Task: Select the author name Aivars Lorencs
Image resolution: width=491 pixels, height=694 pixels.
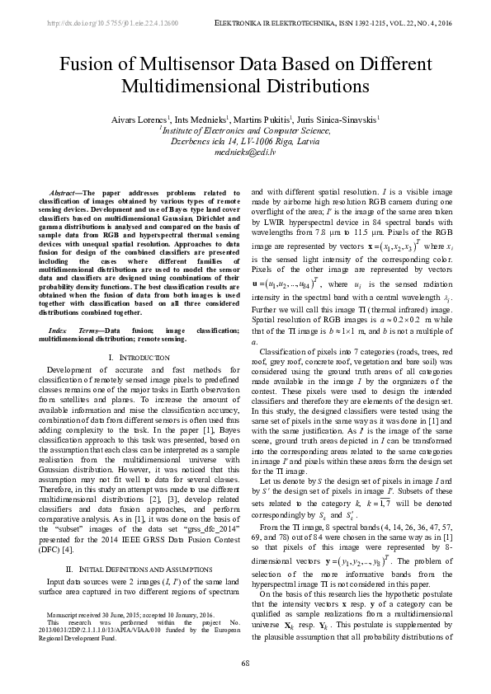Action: (x=138, y=120)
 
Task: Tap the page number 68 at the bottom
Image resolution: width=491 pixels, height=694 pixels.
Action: (x=245, y=664)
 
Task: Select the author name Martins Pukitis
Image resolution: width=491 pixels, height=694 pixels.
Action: (x=264, y=120)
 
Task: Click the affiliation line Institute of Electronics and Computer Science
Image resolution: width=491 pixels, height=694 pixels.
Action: (x=245, y=130)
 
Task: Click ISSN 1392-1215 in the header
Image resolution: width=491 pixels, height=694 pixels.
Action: (x=338, y=24)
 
